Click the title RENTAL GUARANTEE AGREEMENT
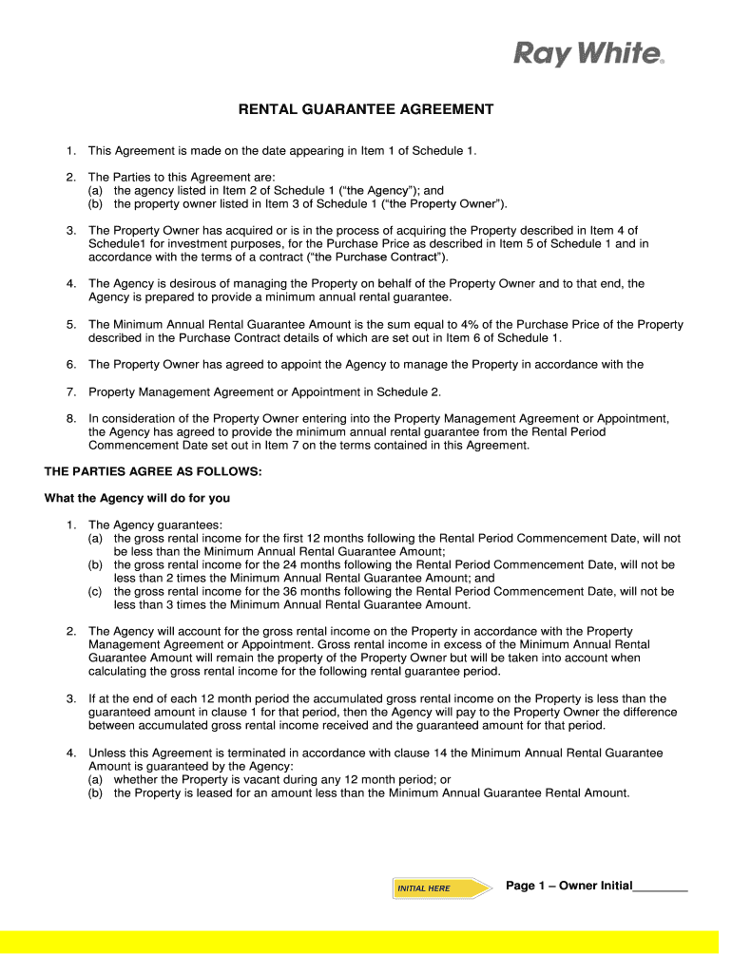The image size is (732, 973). tap(365, 109)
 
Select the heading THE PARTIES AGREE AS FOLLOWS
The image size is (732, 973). tap(152, 471)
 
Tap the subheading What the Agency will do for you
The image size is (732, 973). tap(137, 498)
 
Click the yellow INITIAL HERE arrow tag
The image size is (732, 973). tap(441, 888)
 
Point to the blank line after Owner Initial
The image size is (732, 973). tap(660, 887)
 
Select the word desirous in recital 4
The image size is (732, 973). tap(187, 283)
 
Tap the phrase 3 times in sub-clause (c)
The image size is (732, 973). tap(161, 604)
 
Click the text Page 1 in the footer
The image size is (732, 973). tap(526, 886)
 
